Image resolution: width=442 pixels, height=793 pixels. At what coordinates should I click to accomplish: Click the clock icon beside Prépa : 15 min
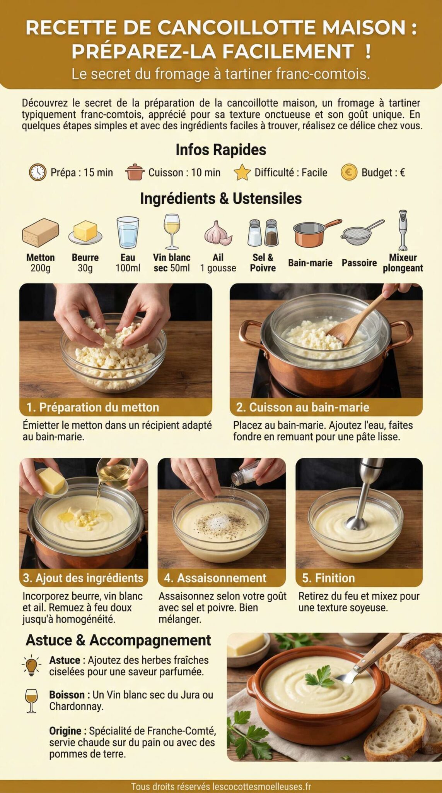(38, 172)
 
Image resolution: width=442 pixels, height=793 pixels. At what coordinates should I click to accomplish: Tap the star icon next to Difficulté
(242, 172)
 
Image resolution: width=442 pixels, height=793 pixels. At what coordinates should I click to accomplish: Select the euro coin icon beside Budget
(349, 172)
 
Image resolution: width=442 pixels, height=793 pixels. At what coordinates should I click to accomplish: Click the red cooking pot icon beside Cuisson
(134, 172)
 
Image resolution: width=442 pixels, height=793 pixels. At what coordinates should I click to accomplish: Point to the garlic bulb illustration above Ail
(218, 233)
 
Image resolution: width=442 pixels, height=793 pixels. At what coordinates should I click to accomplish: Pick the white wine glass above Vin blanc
(171, 231)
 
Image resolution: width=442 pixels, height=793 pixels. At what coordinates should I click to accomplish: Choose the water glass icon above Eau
(128, 232)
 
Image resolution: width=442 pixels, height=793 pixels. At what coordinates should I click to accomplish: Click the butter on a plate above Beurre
(85, 232)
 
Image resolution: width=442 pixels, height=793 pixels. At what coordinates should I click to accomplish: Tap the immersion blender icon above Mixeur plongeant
(403, 230)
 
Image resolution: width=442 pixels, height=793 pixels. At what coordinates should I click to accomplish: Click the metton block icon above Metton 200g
(40, 232)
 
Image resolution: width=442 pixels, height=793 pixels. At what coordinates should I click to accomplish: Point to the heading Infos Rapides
(221, 150)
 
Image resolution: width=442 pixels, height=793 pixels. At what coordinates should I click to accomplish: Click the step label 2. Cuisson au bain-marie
(302, 407)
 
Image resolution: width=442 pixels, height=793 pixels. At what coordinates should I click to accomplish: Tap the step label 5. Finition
(328, 578)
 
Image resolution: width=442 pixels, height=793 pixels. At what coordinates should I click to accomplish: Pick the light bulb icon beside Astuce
(31, 666)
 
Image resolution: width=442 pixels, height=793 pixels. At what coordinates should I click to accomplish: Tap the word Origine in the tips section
(65, 731)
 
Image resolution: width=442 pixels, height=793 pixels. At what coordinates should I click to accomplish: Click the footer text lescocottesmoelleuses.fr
(262, 786)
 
